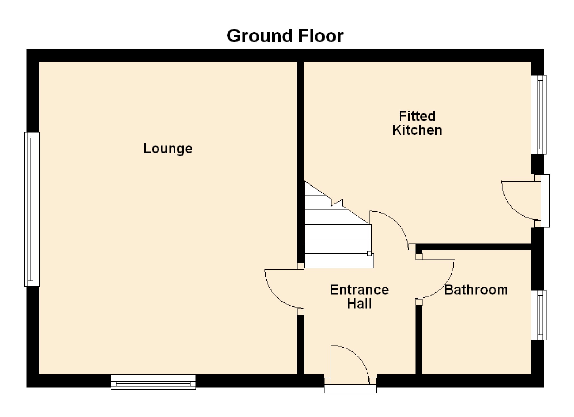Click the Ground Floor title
coord(285,36)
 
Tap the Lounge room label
coord(168,149)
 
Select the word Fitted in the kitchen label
coord(417,116)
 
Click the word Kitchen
coord(417,130)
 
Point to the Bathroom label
coord(476,290)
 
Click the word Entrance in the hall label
coord(359,290)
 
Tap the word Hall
coord(359,304)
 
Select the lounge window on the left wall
coord(32,209)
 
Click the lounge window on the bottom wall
coord(153,382)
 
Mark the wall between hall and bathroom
coord(419,340)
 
